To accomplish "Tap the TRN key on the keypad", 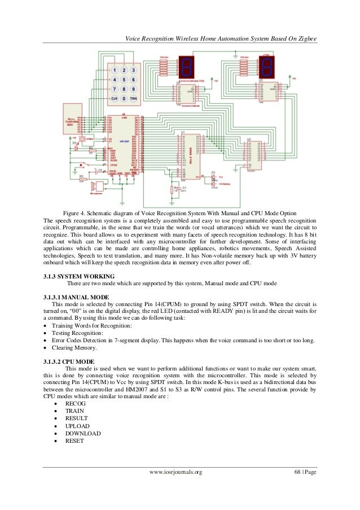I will pyautogui.click(x=133, y=98).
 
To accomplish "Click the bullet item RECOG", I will pyautogui.click(x=76, y=404).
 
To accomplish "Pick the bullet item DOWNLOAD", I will pyautogui.click(x=83, y=433).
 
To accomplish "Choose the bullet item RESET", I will pyautogui.click(x=74, y=441).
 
